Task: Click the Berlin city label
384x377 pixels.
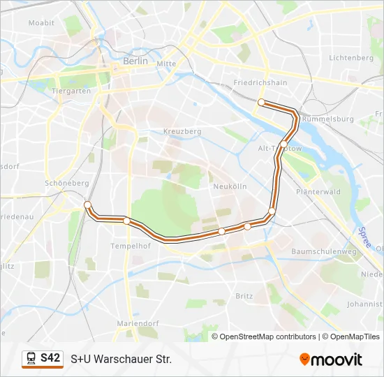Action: (135, 61)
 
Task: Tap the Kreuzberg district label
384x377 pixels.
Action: (182, 131)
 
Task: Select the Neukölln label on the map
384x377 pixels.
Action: (230, 187)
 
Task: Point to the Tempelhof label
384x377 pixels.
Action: (131, 246)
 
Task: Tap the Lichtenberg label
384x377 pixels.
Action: (351, 58)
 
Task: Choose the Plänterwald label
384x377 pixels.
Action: (318, 191)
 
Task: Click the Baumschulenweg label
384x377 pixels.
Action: (323, 251)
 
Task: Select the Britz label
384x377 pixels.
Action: (244, 296)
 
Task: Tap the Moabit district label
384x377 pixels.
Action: (41, 23)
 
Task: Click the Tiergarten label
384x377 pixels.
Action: (71, 91)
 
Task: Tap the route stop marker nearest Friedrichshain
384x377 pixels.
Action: (261, 103)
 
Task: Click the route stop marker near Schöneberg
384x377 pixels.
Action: (87, 205)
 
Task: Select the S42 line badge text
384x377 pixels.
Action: (50, 358)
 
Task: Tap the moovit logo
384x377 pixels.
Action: (331, 360)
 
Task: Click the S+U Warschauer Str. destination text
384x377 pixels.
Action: (121, 359)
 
